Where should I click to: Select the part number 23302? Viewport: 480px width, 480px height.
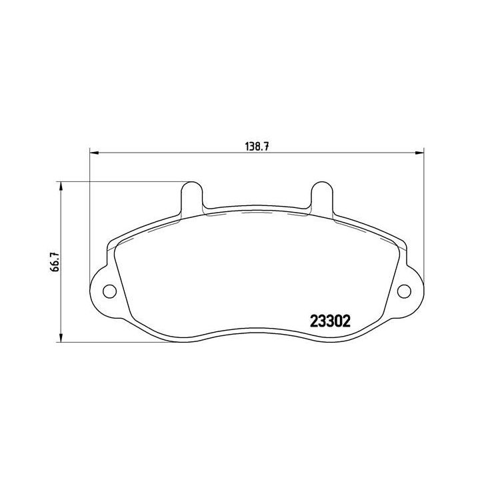click(330, 321)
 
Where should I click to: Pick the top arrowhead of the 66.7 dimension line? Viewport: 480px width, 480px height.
click(62, 185)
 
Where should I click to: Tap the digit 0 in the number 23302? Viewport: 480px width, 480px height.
click(338, 321)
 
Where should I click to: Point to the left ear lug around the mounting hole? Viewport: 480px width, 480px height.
click(100, 290)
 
